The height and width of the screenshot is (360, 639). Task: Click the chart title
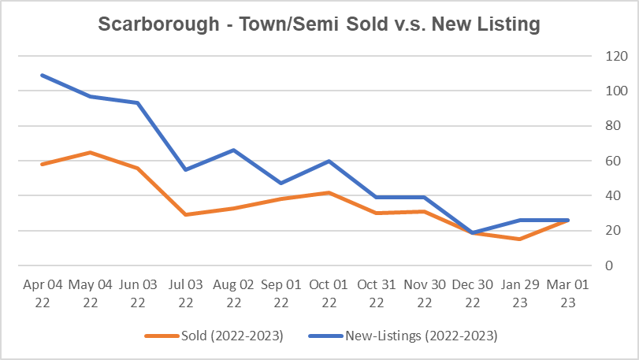(319, 24)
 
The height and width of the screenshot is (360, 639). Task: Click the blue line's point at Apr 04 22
(41, 75)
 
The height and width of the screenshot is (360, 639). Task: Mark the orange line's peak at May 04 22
(89, 152)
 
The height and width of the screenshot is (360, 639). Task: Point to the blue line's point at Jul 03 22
(185, 169)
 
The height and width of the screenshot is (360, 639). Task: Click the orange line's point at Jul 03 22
(185, 214)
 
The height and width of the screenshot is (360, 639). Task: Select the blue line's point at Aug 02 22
(233, 150)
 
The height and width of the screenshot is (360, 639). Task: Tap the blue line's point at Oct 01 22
(329, 161)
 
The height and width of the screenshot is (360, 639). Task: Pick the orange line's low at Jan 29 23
(520, 239)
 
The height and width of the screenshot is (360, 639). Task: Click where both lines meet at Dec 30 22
(472, 232)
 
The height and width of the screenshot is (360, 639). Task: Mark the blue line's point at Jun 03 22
(137, 102)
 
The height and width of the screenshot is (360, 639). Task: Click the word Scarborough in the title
(147, 24)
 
